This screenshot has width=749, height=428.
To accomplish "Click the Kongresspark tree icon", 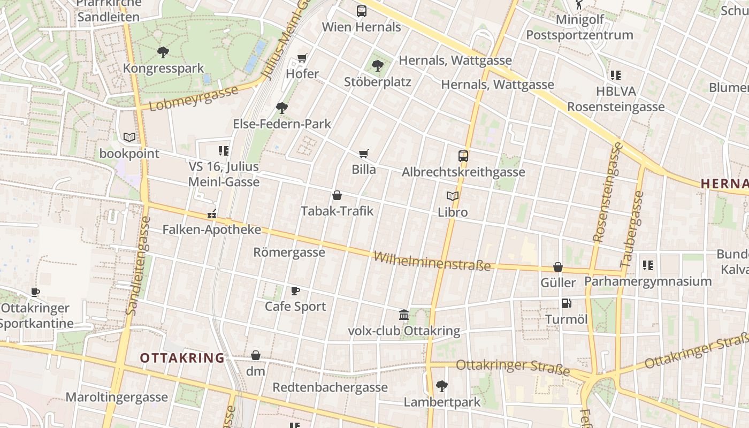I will pyautogui.click(x=163, y=52).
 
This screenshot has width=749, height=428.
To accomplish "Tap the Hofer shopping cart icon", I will pyautogui.click(x=302, y=58).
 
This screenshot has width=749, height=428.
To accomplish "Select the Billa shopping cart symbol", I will pyautogui.click(x=364, y=154).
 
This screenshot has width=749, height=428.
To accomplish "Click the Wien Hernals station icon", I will pyautogui.click(x=362, y=11).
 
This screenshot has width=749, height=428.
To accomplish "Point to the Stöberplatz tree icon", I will pyautogui.click(x=378, y=66).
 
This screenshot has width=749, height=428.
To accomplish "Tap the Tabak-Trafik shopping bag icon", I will pyautogui.click(x=337, y=195).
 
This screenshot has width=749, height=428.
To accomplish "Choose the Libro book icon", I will pyautogui.click(x=453, y=196).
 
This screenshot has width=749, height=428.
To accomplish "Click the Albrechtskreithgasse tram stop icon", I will pyautogui.click(x=463, y=156).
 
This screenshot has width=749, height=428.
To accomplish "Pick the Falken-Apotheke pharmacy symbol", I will pyautogui.click(x=212, y=215).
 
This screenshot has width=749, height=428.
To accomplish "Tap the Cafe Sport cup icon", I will pyautogui.click(x=295, y=291).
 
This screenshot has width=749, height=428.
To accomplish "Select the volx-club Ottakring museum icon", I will pyautogui.click(x=404, y=315).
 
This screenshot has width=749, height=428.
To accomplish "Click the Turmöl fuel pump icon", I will pyautogui.click(x=566, y=303).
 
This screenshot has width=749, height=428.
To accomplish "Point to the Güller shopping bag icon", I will pyautogui.click(x=558, y=266).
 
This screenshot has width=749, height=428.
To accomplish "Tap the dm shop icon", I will pyautogui.click(x=256, y=355).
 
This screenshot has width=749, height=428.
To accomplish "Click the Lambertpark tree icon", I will pyautogui.click(x=442, y=385).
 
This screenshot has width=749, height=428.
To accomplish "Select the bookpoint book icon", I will pyautogui.click(x=129, y=137).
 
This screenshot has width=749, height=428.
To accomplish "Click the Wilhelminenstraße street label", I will pyautogui.click(x=432, y=261).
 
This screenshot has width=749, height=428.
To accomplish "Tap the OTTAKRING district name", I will pyautogui.click(x=182, y=358).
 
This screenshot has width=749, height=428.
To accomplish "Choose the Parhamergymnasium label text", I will pyautogui.click(x=648, y=281).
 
